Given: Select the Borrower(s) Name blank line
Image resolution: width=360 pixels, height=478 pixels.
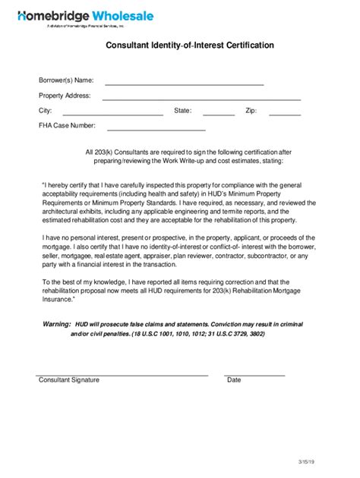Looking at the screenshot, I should click(184, 83).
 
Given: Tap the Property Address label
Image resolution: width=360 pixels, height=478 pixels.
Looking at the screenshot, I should click(65, 96).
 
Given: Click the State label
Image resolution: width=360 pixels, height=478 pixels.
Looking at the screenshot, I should click(182, 111).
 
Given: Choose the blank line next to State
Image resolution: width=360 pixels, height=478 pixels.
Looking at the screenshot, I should click(219, 114).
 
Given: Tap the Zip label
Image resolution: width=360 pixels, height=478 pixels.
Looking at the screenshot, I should click(251, 111).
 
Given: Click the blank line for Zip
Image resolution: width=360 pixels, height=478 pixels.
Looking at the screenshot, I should click(285, 114).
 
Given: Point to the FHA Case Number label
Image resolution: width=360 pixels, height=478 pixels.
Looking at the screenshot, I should click(68, 125).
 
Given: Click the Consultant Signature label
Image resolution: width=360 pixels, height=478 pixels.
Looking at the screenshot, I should click(69, 379).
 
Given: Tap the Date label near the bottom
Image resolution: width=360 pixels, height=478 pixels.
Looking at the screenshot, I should click(234, 379).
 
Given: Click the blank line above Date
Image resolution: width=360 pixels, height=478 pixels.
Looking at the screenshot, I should click(254, 375).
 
